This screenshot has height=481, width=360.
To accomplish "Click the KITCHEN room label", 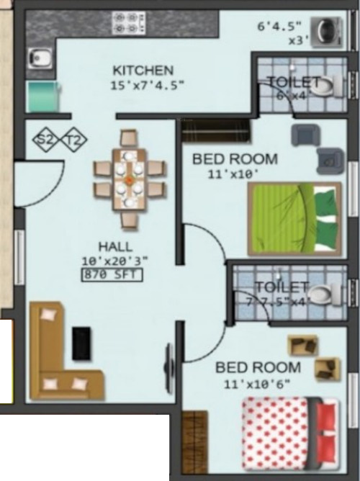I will (x=143, y=70).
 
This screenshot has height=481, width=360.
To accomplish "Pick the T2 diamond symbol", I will (x=73, y=140).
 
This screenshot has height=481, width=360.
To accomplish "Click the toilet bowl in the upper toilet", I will (x=330, y=87).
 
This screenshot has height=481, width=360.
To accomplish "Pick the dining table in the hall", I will (x=129, y=179).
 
